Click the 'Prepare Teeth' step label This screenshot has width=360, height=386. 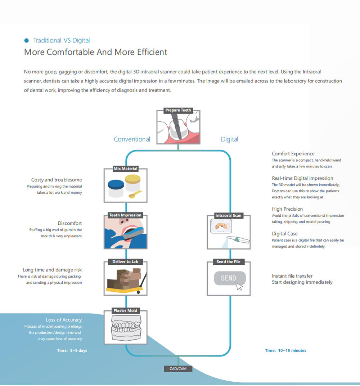[178, 110]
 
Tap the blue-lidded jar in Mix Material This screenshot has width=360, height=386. [116, 188]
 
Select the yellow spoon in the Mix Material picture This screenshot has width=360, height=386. [135, 194]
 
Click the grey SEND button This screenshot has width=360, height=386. [230, 278]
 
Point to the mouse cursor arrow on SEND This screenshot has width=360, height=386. [239, 287]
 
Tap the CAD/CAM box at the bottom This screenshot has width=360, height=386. [178, 368]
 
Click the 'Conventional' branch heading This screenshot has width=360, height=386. [132, 139]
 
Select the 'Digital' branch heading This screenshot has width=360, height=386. [229, 139]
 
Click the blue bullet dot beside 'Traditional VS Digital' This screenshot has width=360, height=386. [27, 40]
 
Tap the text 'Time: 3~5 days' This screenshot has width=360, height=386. [72, 350]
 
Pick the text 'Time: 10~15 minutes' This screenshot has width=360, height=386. [285, 350]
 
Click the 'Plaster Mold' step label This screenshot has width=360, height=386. [125, 310]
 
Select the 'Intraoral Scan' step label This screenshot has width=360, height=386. [228, 215]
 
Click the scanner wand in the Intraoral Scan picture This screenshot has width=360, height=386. [238, 239]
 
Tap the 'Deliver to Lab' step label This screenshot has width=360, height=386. [125, 261]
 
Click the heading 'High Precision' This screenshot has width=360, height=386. [287, 209]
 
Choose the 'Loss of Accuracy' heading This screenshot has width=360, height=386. [64, 320]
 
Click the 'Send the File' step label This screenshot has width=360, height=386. [228, 261]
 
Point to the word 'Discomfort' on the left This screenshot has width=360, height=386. [69, 223]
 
